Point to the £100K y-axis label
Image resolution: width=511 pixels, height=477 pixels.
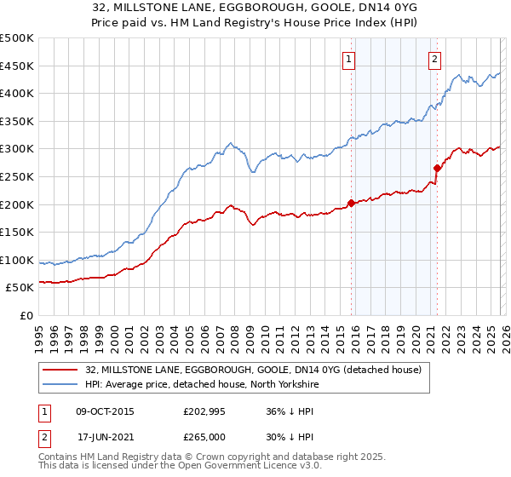point(17,260)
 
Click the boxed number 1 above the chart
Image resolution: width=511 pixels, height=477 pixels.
point(349,59)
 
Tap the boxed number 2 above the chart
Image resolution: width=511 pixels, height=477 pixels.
point(434,59)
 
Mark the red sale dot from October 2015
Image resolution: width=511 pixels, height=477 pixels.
point(351,203)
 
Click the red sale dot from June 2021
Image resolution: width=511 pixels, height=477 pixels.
point(437,168)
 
